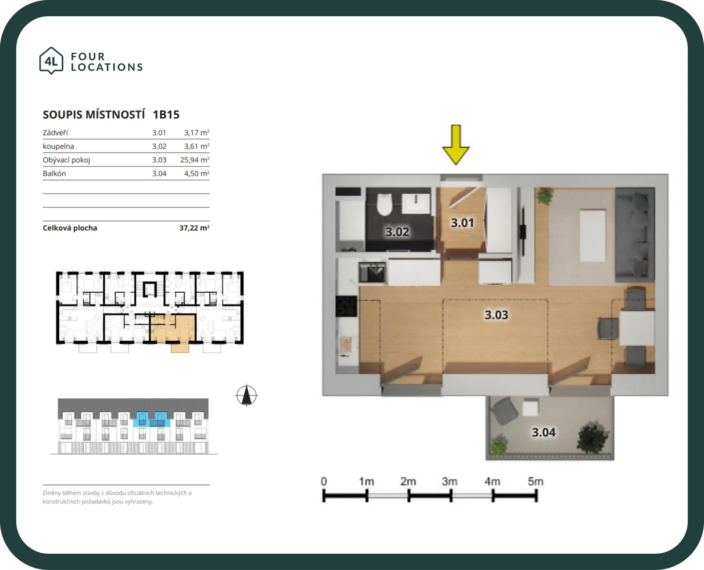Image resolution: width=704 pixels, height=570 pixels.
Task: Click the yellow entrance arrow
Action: click(456, 145)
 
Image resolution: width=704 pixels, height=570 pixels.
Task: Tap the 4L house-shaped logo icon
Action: click(51, 60)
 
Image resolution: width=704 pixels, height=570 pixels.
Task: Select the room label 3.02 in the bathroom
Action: click(397, 232)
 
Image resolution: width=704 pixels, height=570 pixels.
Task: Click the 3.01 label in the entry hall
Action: click(463, 222)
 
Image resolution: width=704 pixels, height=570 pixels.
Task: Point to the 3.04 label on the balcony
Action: click(544, 432)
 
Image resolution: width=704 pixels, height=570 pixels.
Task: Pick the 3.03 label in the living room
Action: click(497, 315)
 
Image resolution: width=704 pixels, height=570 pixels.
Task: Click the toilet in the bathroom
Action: click(384, 204)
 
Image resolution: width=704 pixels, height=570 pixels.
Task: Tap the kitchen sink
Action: click(372, 272)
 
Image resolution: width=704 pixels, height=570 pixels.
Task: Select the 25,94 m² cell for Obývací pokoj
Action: click(195, 160)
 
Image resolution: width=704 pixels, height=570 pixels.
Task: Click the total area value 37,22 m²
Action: click(194, 228)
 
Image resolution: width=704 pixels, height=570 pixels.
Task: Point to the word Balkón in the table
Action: click(54, 173)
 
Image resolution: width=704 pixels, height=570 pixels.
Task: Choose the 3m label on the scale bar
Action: click(450, 481)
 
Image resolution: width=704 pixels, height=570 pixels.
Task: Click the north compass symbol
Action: click(246, 395)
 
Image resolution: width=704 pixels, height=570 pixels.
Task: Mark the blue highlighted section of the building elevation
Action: click(151, 419)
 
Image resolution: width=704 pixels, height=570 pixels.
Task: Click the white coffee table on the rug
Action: click(593, 235)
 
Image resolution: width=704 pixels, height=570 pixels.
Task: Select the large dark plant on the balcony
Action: click(593, 437)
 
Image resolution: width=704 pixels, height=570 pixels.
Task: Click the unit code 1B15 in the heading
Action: click(166, 114)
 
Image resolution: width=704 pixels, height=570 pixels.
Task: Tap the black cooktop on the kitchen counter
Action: click(346, 307)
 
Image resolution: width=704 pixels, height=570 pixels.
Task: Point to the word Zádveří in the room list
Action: click(55, 133)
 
